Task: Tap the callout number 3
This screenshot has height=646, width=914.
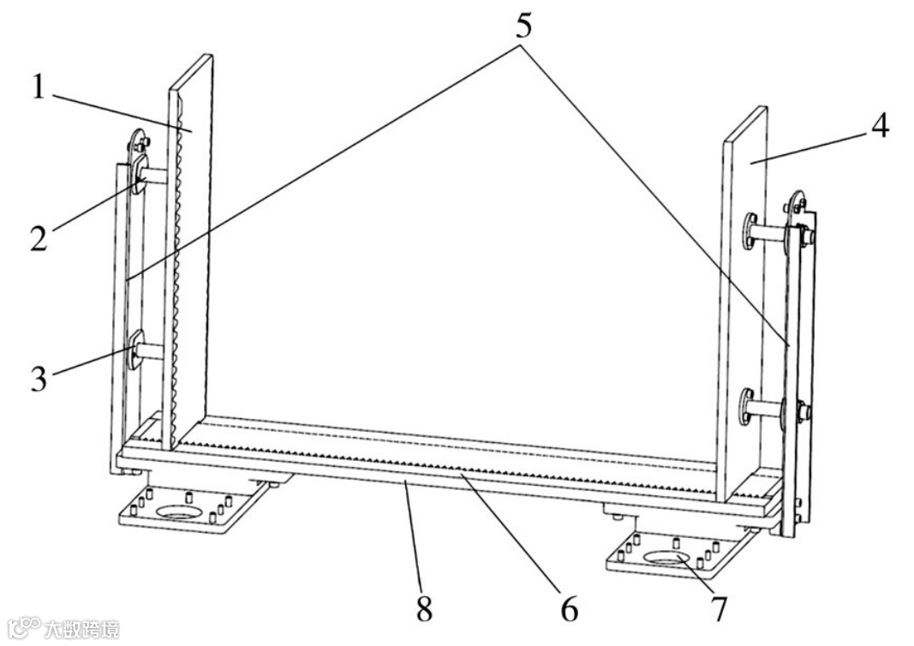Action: coord(39,378)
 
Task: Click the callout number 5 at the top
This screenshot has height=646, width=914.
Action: coord(523,25)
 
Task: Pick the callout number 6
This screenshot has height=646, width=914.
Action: coord(570,609)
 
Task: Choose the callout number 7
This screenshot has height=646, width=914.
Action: coord(719,609)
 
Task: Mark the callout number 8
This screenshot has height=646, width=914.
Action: coord(424,609)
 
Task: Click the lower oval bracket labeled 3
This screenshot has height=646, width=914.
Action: coord(135,351)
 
